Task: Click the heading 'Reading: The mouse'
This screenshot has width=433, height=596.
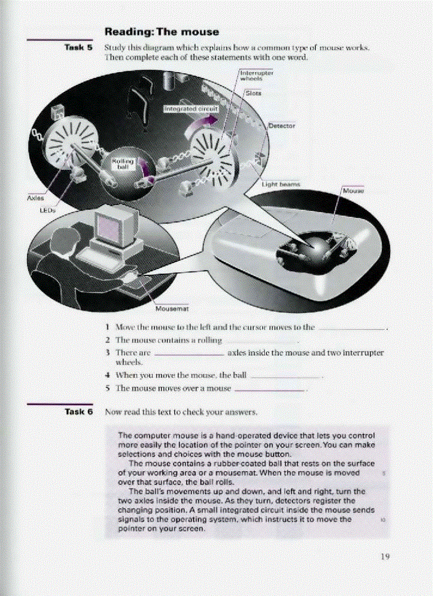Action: click(x=162, y=32)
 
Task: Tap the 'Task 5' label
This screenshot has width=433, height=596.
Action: click(x=79, y=47)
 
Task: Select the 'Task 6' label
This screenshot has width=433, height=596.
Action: click(x=79, y=411)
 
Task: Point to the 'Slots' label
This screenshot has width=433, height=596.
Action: click(x=254, y=93)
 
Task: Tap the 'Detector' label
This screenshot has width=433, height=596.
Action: click(x=282, y=126)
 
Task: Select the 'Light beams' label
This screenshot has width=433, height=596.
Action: click(x=281, y=184)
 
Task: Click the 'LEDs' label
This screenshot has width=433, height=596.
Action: click(x=48, y=209)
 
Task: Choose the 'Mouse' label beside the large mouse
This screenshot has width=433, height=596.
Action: click(x=353, y=191)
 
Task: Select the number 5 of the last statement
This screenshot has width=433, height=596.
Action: click(x=108, y=388)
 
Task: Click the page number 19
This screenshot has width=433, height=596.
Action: click(x=385, y=557)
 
